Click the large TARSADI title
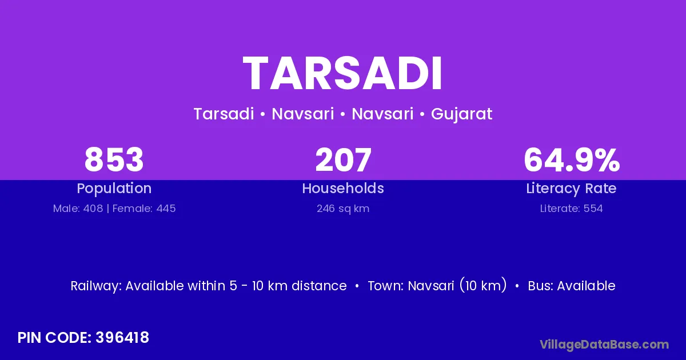[x=342, y=74]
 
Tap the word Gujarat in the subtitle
[x=461, y=114]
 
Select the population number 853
[x=114, y=159]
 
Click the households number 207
[x=344, y=159]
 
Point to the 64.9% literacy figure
[x=572, y=159]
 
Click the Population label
[x=114, y=189]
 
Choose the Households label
[x=343, y=188]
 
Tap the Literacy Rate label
[x=571, y=189]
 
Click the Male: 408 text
[x=78, y=209]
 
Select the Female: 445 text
[x=144, y=209]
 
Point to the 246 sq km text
[x=343, y=209]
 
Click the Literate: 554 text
[x=572, y=209]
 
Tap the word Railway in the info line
[x=96, y=286]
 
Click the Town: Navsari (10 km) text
[x=437, y=286]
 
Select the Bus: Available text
[x=572, y=286]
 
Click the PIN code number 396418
[x=122, y=338]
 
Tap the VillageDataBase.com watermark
[x=604, y=345]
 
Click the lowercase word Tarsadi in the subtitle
[x=224, y=114]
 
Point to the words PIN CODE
[x=54, y=338]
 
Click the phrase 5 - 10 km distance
[x=288, y=286]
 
